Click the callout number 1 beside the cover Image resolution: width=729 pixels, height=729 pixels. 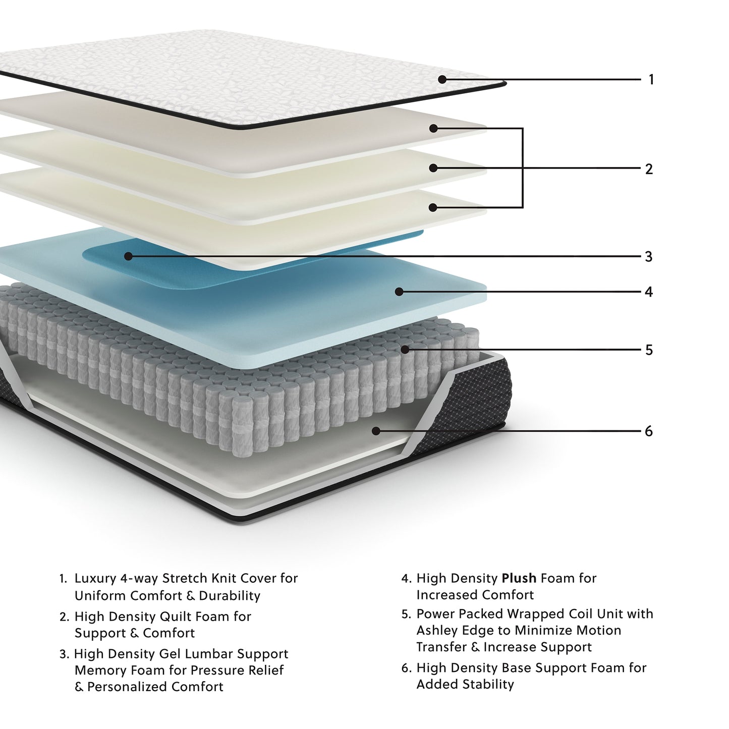coord(651,80)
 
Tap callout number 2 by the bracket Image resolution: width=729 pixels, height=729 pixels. coord(649,169)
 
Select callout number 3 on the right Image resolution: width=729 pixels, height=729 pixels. coord(649,257)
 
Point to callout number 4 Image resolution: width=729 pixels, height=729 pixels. coord(649,292)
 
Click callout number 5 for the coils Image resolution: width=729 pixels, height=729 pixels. coord(649,350)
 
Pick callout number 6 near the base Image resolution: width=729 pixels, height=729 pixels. coord(649,431)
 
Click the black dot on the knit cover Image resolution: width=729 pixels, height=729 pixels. coord(442,79)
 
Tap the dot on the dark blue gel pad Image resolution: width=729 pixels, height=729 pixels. coord(128,256)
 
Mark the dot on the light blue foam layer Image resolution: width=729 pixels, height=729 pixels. coord(399,292)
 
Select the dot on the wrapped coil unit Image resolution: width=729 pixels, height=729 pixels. coord(405,349)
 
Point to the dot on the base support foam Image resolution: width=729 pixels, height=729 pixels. coord(376,431)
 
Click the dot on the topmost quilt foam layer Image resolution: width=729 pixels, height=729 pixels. coord(433,129)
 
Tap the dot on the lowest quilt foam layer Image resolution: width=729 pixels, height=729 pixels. coord(433,207)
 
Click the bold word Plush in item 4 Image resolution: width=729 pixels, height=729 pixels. coord(519,579)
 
